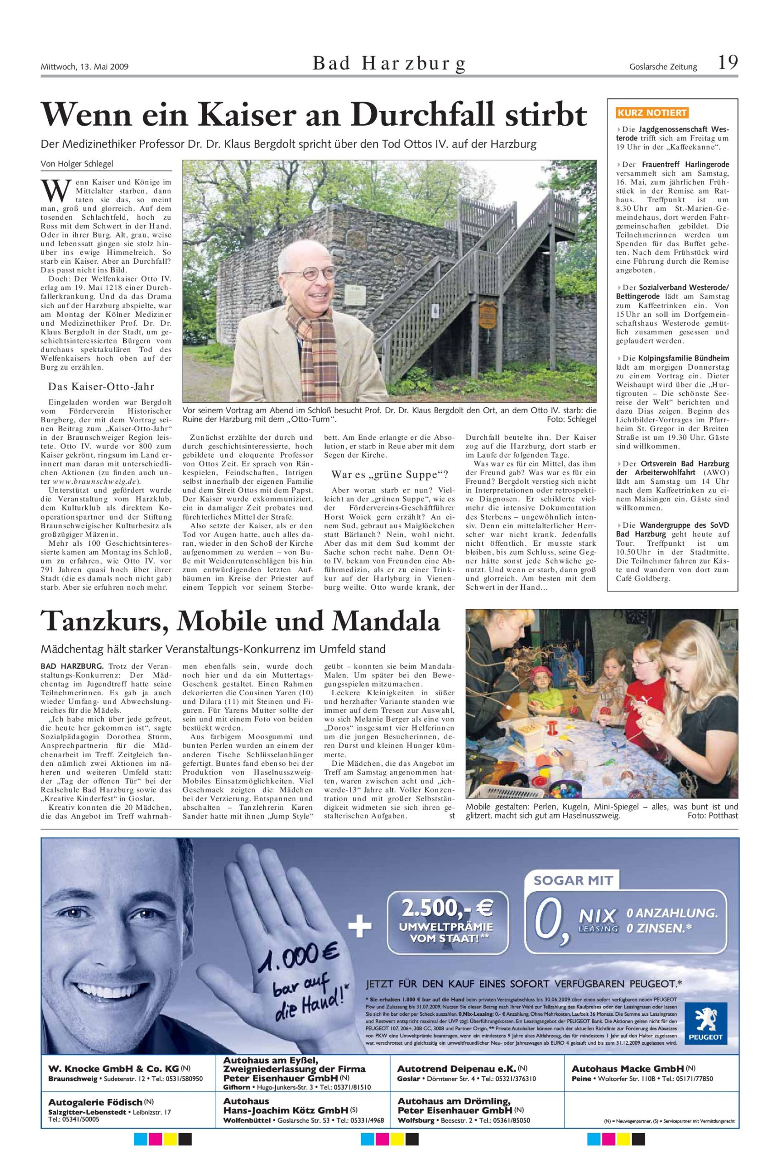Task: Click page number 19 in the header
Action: [727, 63]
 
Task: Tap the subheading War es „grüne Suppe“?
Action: [390, 474]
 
